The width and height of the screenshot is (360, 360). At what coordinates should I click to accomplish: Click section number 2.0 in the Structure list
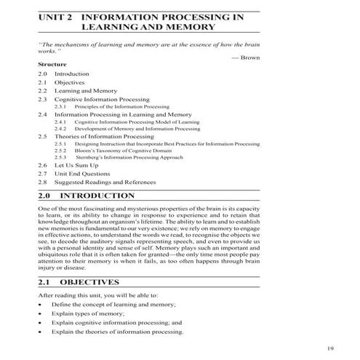[42, 74]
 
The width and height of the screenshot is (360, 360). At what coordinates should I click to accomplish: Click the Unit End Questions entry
[81, 174]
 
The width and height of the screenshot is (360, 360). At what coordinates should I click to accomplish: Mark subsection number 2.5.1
[60, 144]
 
